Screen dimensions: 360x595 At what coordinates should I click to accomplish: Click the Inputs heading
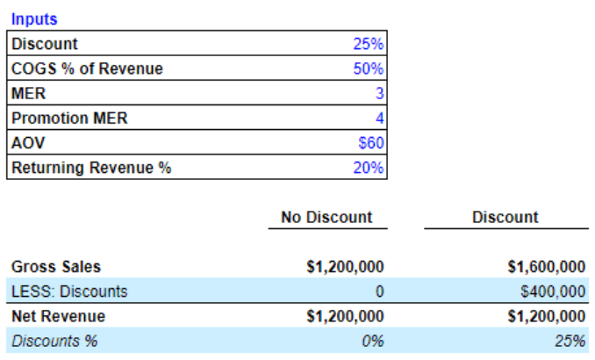33,19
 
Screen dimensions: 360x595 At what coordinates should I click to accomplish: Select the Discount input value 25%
369,44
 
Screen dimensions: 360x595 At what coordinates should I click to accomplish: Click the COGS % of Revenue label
87,68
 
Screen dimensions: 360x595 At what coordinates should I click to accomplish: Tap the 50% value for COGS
369,68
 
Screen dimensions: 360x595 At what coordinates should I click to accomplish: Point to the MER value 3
379,94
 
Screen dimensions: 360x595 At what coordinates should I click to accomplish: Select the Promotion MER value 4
379,119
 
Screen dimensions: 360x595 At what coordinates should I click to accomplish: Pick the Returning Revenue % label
90,168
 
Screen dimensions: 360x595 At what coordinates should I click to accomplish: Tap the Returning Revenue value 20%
369,168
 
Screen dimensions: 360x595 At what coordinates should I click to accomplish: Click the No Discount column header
326,217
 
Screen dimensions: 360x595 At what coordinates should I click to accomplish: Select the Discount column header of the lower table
505,217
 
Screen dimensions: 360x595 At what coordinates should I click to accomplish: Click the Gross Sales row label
55,267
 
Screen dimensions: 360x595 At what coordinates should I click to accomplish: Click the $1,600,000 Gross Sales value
547,267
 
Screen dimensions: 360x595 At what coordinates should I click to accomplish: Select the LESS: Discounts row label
69,292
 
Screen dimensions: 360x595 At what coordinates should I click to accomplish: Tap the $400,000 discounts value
553,292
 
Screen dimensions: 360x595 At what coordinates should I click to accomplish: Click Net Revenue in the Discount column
547,316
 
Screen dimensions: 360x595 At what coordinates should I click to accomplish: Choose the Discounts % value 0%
373,341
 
